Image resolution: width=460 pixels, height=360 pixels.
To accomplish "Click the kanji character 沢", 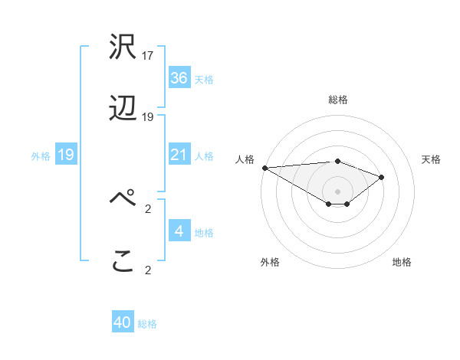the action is (x=123, y=47).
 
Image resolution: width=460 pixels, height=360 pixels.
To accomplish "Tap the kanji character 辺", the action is (x=123, y=110).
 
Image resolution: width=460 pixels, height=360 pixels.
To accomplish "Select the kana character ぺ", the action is (x=123, y=198).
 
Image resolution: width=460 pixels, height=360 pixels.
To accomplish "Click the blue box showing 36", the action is (x=179, y=78).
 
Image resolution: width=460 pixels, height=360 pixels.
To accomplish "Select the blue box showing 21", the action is (x=179, y=155).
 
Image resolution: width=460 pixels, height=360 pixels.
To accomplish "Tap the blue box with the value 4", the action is (x=179, y=231).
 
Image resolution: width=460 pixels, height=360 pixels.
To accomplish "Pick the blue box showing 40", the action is (x=123, y=322).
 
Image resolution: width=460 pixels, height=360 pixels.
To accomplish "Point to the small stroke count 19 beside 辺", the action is (x=148, y=117).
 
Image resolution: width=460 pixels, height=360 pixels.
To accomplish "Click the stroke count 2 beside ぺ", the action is (x=148, y=207).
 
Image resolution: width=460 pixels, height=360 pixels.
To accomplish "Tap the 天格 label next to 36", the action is (x=204, y=79).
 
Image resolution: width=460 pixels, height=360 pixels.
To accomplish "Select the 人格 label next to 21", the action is (x=204, y=156).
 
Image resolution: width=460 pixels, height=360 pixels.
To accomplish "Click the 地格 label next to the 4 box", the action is (x=204, y=232).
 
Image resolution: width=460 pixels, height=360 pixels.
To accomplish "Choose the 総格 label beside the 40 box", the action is (x=147, y=324).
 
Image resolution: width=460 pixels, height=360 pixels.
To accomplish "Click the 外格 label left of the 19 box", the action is (x=41, y=156).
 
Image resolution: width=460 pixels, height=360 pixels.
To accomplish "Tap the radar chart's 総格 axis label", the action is (x=337, y=100).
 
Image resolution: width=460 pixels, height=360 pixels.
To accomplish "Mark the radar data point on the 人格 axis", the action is (x=264, y=168).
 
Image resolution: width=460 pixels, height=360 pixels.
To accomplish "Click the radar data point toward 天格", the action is (x=381, y=177).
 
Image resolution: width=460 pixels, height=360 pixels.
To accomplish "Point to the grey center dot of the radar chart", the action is (x=337, y=191).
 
